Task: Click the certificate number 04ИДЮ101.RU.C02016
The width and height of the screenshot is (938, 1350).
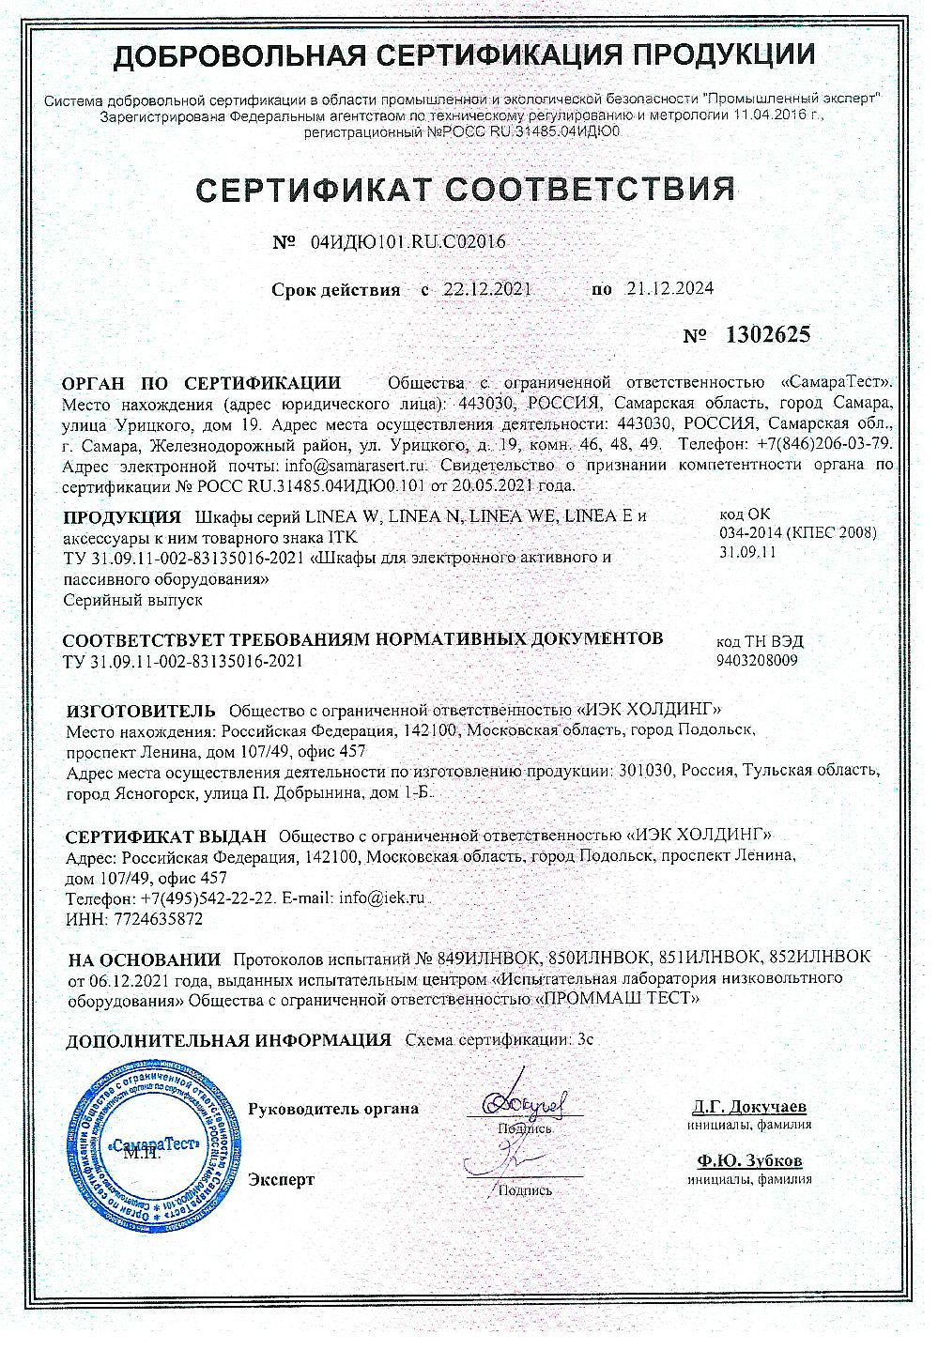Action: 407,242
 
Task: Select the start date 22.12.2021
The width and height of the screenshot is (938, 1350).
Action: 487,289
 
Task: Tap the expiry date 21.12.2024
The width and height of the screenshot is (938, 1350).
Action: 669,289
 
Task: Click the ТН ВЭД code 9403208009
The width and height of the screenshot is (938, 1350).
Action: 757,661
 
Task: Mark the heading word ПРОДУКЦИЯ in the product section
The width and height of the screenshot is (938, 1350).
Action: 122,517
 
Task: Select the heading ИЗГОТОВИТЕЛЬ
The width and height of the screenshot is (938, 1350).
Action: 141,709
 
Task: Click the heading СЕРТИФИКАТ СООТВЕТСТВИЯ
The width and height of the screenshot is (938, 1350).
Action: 466,189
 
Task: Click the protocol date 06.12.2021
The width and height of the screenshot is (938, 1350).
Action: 126,979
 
